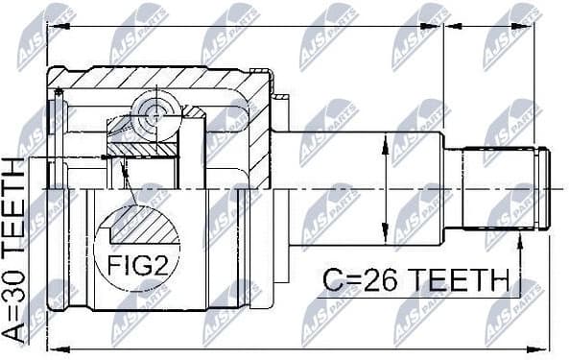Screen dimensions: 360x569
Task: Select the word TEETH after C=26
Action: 457,281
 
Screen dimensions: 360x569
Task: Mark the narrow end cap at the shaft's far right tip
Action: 544,188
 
